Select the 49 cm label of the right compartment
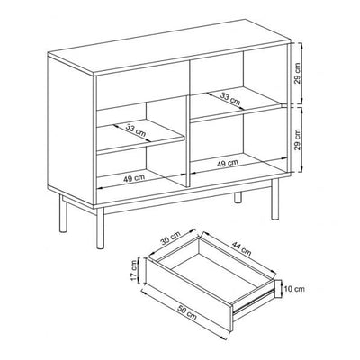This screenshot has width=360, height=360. click(227, 164)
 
